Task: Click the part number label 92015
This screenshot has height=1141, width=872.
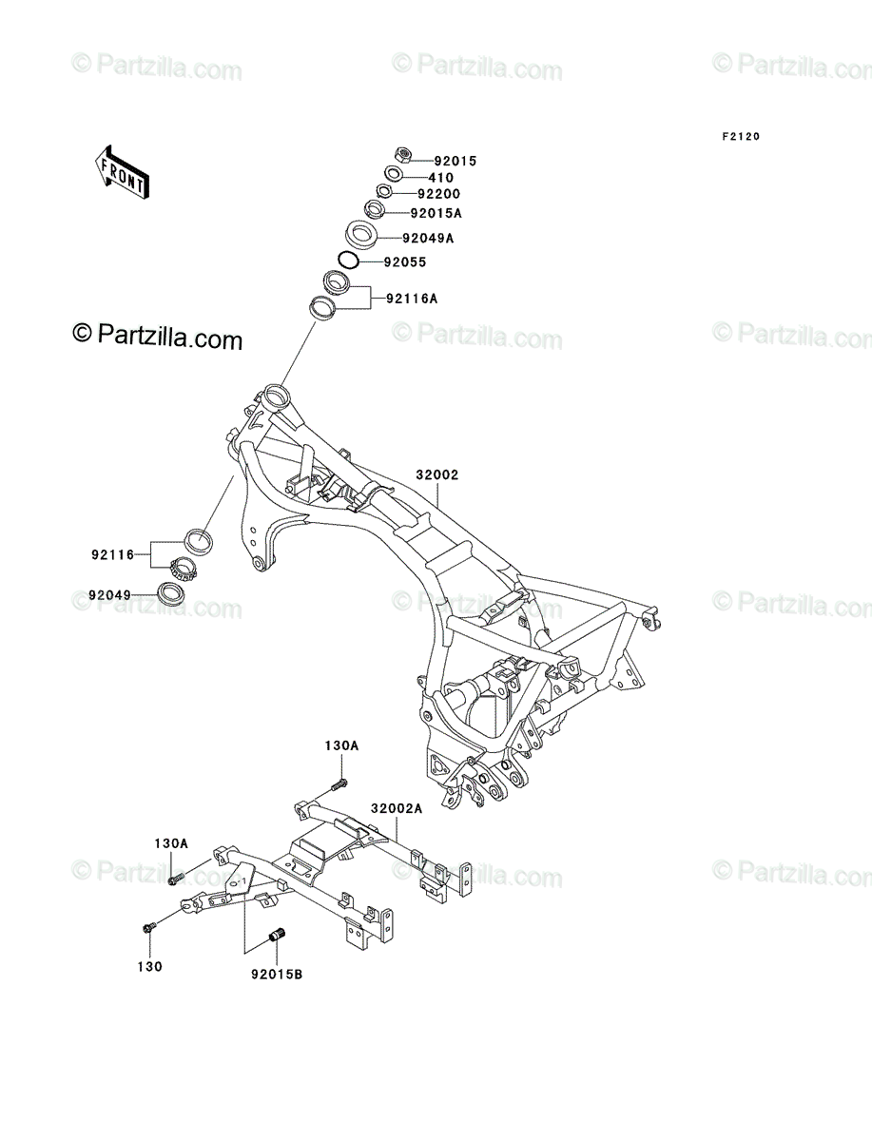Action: point(455,161)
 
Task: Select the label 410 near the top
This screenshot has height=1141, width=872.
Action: point(440,177)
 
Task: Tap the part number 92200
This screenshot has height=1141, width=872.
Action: point(438,194)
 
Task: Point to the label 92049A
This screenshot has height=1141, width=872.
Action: point(428,238)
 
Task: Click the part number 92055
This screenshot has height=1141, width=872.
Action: point(405,262)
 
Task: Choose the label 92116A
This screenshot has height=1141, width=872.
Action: point(412,299)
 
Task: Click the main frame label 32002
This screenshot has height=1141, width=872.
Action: point(437,474)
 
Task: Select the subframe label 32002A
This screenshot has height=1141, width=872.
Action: point(397,808)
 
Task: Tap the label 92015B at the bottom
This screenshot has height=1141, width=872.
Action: point(277,975)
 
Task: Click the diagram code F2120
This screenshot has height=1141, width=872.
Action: point(741,137)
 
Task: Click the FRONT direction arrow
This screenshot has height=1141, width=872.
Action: point(122,172)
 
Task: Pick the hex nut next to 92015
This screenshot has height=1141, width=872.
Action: point(403,154)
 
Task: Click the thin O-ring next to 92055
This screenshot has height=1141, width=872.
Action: point(348,260)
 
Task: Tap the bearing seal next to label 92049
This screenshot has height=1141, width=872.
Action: point(171,593)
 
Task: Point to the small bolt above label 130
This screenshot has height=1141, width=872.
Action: point(148,926)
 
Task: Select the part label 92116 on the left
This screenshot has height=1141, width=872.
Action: point(113,554)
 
